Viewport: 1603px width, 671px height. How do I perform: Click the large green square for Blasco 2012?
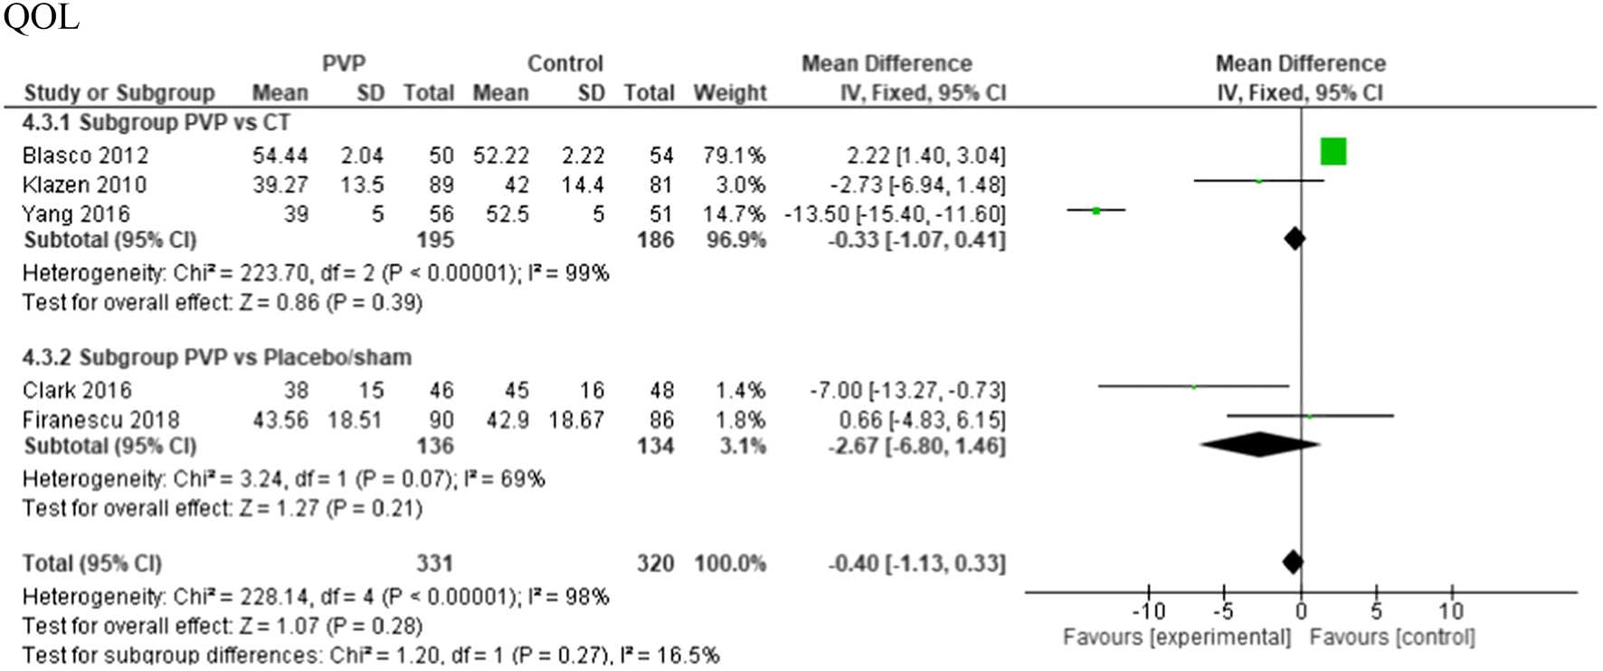tap(1333, 152)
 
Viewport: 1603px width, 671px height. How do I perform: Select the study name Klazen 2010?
tap(84, 185)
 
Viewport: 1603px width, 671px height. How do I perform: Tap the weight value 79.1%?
tap(733, 156)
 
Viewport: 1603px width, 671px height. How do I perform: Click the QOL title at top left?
tap(41, 17)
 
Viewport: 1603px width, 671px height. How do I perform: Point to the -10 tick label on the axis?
tap(1148, 611)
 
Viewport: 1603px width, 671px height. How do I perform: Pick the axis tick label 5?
tap(1376, 611)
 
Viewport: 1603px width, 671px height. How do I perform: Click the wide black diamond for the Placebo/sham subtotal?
tap(1259, 444)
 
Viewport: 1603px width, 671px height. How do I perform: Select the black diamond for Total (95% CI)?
tap(1293, 562)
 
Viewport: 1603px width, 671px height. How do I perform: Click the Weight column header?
tap(729, 93)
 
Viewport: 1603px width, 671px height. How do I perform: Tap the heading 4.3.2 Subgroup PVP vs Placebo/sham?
tap(217, 357)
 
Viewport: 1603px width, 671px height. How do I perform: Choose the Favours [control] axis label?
tap(1391, 638)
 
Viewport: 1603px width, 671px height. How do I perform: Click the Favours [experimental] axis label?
tap(1176, 638)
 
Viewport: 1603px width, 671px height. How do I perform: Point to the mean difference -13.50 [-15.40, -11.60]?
tap(894, 214)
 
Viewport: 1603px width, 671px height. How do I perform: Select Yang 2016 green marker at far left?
tap(1096, 211)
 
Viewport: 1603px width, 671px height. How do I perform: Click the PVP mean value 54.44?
tap(280, 156)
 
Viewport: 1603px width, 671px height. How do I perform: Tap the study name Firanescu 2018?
tap(100, 421)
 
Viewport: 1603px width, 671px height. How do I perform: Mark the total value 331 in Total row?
tap(434, 563)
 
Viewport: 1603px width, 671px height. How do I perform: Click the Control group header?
tap(564, 63)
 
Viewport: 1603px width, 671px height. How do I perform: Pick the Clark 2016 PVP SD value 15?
tap(370, 391)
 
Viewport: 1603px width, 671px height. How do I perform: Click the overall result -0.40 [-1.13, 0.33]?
tap(915, 563)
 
